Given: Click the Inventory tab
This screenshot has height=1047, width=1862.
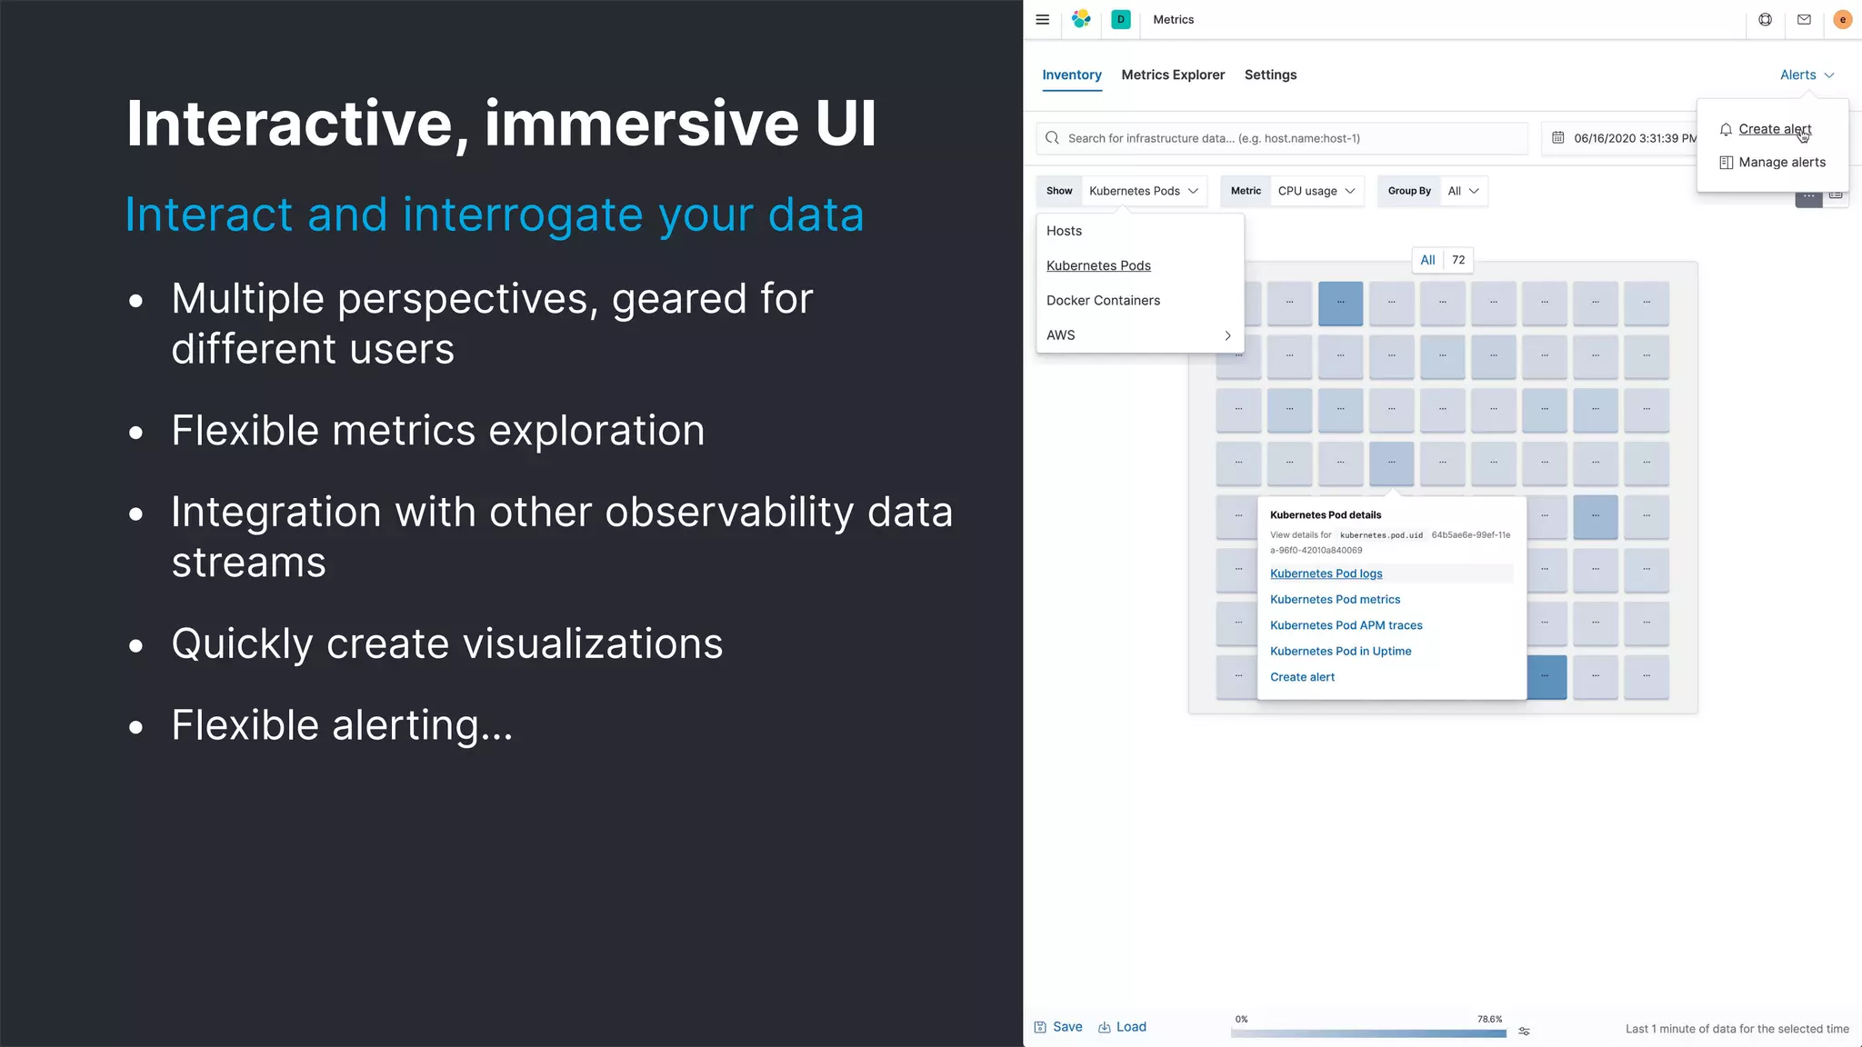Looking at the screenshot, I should (1071, 75).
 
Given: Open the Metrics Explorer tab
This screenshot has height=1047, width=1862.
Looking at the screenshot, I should (1173, 75).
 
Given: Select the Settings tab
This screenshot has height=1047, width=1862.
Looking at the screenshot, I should (1270, 75).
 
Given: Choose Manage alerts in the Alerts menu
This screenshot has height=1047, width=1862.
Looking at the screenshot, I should (1781, 162).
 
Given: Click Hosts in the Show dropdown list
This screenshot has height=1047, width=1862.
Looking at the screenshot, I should (1064, 231).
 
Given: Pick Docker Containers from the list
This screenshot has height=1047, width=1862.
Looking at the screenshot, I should (1103, 300).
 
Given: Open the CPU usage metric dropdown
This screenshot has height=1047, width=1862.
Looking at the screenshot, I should (1315, 191).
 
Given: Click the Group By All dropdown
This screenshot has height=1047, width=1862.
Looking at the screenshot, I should (1462, 191).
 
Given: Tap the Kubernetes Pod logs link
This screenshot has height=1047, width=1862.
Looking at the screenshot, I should (1326, 573).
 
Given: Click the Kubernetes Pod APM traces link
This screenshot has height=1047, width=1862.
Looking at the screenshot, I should (1346, 625).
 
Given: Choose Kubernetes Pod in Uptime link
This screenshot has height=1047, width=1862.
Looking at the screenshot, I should (1340, 651).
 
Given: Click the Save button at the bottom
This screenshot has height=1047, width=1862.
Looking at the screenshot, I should (1058, 1027).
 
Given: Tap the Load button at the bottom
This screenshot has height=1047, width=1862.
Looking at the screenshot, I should (1123, 1027).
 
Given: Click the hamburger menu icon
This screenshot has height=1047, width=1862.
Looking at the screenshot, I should (1043, 19).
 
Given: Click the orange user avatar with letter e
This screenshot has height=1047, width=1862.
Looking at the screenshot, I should (1842, 19).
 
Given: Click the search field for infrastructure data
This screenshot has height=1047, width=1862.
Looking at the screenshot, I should (1282, 138).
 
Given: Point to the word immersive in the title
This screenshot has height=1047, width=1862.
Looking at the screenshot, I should (641, 123).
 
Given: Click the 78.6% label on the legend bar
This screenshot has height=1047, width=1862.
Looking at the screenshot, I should (1489, 1019).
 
